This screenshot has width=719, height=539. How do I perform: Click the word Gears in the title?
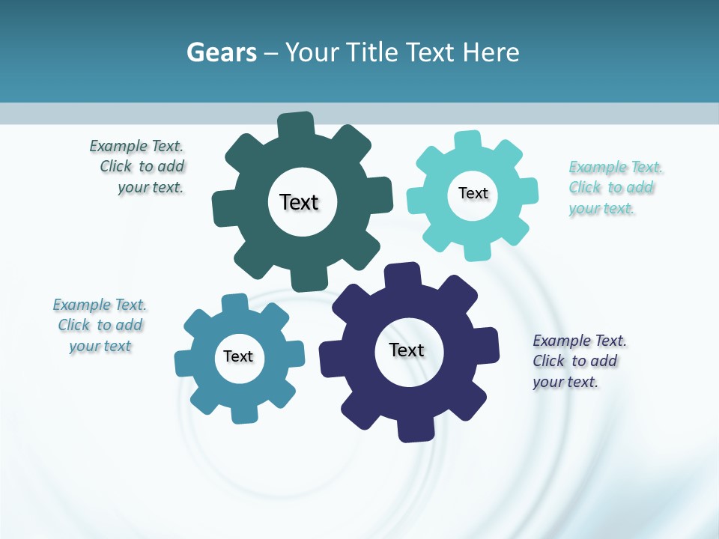click(222, 52)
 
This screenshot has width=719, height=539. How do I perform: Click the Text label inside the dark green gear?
click(300, 202)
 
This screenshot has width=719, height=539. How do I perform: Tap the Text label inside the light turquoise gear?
click(473, 193)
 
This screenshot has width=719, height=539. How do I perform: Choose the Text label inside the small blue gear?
click(238, 356)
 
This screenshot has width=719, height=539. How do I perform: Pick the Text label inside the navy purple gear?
click(407, 350)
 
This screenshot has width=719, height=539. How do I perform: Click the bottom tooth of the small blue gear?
click(243, 412)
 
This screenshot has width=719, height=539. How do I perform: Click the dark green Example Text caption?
click(138, 167)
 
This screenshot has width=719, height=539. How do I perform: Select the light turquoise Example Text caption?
click(615, 188)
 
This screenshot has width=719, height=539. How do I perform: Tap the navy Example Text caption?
click(578, 362)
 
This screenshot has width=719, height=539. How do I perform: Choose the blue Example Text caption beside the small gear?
click(100, 326)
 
